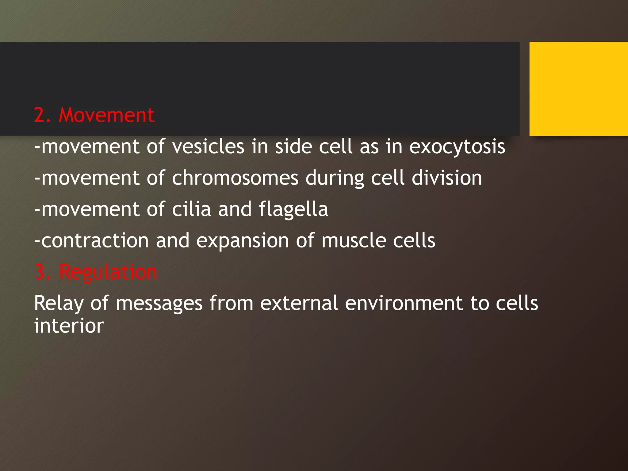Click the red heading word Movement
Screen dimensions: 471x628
pyautogui.click(x=106, y=115)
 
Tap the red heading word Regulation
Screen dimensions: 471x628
pyautogui.click(x=108, y=272)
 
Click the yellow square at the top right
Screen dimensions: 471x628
pyautogui.click(x=578, y=89)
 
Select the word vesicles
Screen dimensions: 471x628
pyautogui.click(x=208, y=147)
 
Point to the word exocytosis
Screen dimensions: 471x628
pyautogui.click(x=457, y=147)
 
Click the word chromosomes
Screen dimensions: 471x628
pyautogui.click(x=235, y=178)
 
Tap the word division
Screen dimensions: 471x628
pyautogui.click(x=447, y=178)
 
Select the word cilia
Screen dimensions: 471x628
pyautogui.click(x=191, y=209)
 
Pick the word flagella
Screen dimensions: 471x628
pyautogui.click(x=293, y=210)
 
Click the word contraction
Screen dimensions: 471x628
pyautogui.click(x=95, y=240)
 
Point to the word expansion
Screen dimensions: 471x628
pyautogui.click(x=243, y=241)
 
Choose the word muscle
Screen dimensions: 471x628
pyautogui.click(x=354, y=240)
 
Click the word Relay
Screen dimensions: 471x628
pyautogui.click(x=59, y=304)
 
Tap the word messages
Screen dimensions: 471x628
pyautogui.click(x=159, y=304)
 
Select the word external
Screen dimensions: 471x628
pyautogui.click(x=299, y=303)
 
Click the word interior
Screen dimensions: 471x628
pyautogui.click(x=69, y=326)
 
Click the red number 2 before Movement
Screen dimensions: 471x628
pyautogui.click(x=40, y=115)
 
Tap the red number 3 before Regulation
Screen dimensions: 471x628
pyautogui.click(x=40, y=272)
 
